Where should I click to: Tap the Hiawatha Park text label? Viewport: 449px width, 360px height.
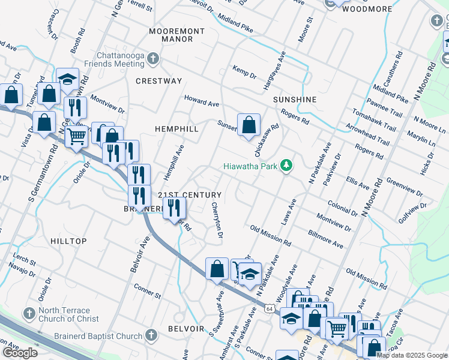252,166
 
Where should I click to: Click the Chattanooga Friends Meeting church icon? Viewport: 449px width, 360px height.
153,59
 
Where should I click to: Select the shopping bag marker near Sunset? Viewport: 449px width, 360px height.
249,125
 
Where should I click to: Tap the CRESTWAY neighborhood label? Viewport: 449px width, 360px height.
158,81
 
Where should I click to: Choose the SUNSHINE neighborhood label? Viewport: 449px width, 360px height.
294,99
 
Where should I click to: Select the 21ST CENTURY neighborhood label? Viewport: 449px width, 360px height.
190,196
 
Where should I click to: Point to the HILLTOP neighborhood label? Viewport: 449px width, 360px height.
68,241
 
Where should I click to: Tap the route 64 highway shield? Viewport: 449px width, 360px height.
270,308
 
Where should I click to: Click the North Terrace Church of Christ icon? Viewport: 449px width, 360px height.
28,313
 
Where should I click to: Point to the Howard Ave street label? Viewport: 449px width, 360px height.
202,100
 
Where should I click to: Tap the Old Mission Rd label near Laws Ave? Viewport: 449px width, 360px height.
271,237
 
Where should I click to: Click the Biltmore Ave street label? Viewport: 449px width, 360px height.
327,241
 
